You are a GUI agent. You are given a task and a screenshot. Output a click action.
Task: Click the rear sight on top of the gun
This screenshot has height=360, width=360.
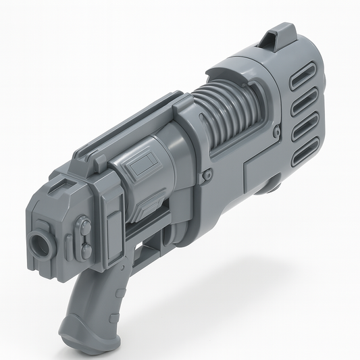(x=278, y=35)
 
